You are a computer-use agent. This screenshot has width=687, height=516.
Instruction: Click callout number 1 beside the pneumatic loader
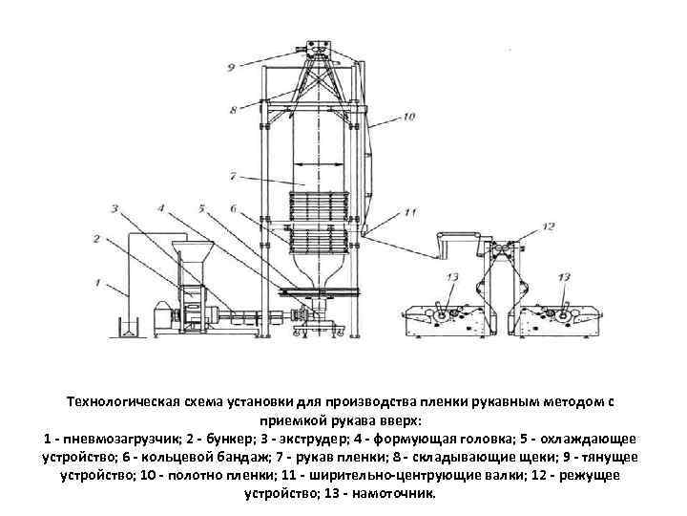coord(98,282)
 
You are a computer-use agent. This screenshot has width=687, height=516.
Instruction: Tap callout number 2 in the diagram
coord(97,239)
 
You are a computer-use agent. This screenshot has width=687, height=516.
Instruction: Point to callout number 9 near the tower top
coord(231,66)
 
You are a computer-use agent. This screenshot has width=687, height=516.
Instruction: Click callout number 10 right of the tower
coord(409,118)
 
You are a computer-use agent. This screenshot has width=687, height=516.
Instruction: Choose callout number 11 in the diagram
coord(411,211)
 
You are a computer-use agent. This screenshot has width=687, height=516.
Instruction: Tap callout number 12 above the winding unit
coord(548,226)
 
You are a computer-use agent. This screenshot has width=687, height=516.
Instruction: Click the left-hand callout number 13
coord(452,276)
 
